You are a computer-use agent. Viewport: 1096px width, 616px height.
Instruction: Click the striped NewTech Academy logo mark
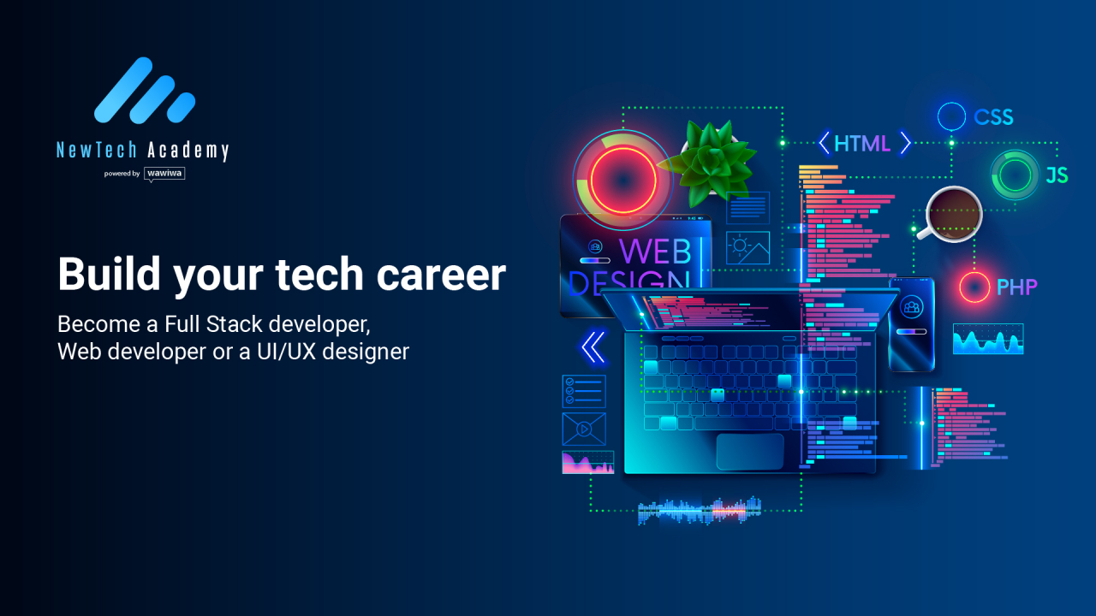pyautogui.click(x=144, y=91)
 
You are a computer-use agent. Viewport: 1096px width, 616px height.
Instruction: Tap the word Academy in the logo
pyautogui.click(x=188, y=151)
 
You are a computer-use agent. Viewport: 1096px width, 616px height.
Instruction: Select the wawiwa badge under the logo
pyautogui.click(x=164, y=174)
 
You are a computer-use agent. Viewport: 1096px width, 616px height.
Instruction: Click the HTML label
pyautogui.click(x=862, y=144)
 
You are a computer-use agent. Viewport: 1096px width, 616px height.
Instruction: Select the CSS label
pyautogui.click(x=993, y=117)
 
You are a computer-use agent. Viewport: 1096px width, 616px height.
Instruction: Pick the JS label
pyautogui.click(x=1057, y=175)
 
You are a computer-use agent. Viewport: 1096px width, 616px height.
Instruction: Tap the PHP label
pyautogui.click(x=1017, y=287)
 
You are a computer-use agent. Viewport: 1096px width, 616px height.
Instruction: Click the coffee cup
pyautogui.click(x=953, y=213)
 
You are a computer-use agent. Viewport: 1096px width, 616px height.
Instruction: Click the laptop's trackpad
pyautogui.click(x=750, y=451)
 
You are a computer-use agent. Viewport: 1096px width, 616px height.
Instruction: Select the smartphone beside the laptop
pyautogui.click(x=911, y=324)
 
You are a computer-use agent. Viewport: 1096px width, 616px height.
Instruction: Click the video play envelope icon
pyautogui.click(x=584, y=429)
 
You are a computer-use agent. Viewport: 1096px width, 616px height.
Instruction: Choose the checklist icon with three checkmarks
pyautogui.click(x=584, y=391)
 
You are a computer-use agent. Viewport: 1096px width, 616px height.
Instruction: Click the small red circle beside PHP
pyautogui.click(x=974, y=287)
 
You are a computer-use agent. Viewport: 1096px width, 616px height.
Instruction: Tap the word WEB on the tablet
pyautogui.click(x=655, y=251)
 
